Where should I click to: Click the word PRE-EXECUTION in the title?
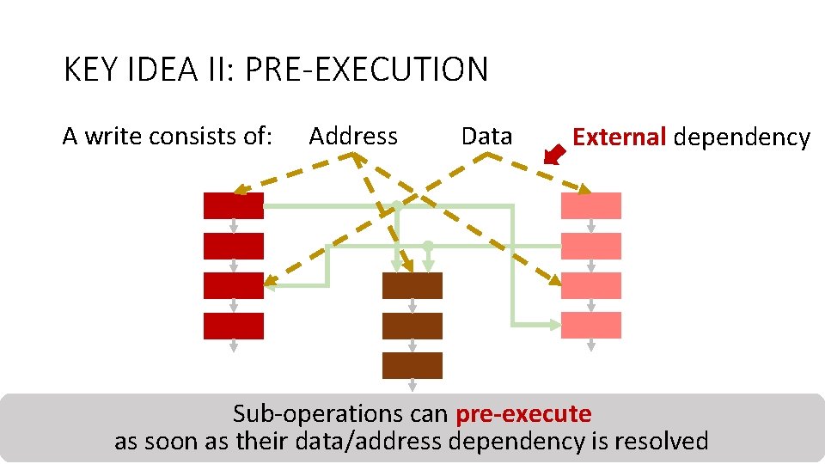coord(366,70)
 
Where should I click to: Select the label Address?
coord(353,136)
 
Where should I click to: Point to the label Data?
coord(486,136)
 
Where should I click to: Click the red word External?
coord(620,137)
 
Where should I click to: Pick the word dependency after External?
coord(742,137)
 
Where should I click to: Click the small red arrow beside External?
coord(558,154)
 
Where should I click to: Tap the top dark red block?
coord(233,205)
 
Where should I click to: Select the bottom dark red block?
coord(233,326)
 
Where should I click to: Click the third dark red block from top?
coord(233,285)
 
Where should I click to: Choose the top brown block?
coord(412,285)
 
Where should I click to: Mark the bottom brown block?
coord(412,365)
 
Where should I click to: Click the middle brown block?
coord(412,326)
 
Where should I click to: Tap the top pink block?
coord(591,205)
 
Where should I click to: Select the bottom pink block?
coord(591,326)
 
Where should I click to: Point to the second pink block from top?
coord(591,246)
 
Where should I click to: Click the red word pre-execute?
coord(523,414)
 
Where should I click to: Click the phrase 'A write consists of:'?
coord(168,136)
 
